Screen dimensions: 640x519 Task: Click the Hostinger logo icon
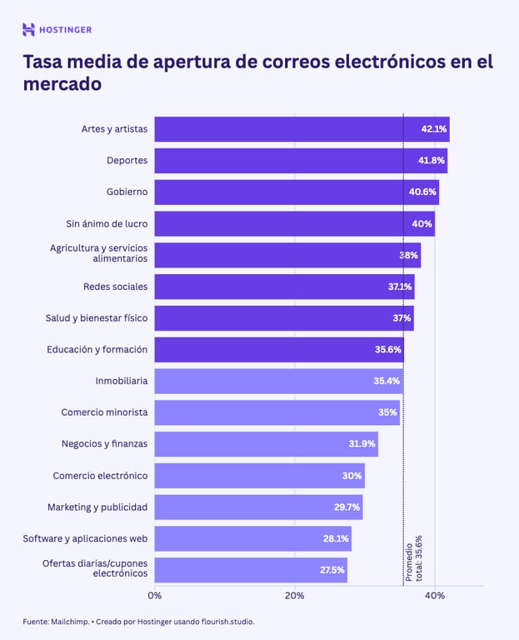click(28, 30)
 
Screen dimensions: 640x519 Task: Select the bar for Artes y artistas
click(283, 129)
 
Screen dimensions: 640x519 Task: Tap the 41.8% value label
click(432, 161)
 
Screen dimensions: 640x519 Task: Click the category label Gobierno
click(127, 192)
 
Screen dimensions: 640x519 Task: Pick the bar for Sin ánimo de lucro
click(283, 223)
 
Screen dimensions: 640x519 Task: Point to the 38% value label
click(408, 255)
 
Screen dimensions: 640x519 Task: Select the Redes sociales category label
click(115, 287)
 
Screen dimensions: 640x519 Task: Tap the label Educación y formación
click(97, 349)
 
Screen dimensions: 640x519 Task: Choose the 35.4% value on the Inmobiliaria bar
click(387, 381)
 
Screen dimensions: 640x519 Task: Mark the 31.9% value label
click(362, 444)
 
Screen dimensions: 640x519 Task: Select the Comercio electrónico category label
click(100, 476)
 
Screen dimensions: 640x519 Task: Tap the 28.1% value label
click(336, 538)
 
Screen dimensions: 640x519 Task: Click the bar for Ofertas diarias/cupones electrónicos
click(250, 570)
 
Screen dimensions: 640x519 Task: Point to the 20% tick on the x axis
click(294, 596)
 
